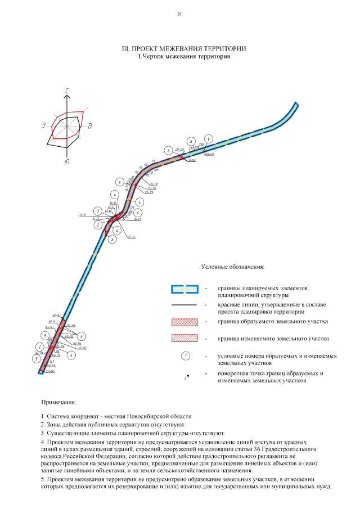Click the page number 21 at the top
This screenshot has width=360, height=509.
click(179, 13)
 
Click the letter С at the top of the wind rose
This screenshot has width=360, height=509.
click(67, 91)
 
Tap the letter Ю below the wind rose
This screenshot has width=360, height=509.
click(67, 162)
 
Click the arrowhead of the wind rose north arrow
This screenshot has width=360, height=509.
click(67, 97)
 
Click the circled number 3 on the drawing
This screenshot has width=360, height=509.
click(98, 211)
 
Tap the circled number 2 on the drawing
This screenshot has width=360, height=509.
click(98, 225)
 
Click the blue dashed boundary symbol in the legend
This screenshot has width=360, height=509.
click(185, 289)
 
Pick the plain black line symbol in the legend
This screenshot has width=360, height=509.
click(185, 305)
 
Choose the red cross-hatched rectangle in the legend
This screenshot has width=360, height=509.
click(185, 322)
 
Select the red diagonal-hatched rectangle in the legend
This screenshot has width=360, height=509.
click(185, 339)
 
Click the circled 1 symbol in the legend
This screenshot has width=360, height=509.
click(185, 356)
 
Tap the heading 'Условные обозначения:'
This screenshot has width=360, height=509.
click(233, 267)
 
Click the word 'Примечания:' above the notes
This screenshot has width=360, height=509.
click(59, 403)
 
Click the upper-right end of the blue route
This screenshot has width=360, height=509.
click(296, 105)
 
